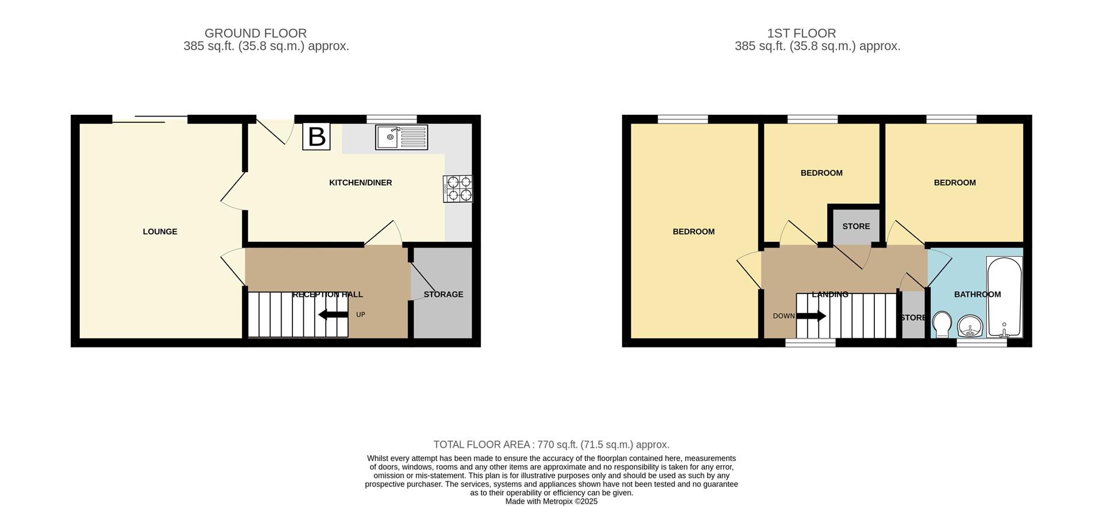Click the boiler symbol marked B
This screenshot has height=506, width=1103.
click(316, 137)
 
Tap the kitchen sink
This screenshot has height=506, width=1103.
click(402, 137)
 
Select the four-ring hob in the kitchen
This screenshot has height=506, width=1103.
click(458, 188)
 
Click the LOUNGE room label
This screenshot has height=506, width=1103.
click(160, 231)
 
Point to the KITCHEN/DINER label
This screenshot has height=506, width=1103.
click(360, 183)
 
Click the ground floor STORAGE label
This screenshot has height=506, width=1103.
click(443, 295)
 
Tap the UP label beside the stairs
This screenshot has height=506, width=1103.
click(361, 315)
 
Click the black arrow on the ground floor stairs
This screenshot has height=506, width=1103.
click(333, 314)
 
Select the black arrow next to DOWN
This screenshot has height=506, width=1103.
click(811, 316)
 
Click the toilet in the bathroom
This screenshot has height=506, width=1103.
click(942, 325)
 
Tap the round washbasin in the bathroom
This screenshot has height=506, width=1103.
click(971, 326)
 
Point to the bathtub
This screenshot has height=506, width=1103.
click(1004, 297)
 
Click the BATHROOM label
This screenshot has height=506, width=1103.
click(977, 295)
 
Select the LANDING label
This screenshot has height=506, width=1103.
click(830, 295)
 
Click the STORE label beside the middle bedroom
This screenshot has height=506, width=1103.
click(856, 226)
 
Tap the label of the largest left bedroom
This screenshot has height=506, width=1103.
click(693, 231)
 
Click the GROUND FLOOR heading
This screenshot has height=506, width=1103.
click(256, 33)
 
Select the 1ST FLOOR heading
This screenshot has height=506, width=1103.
click(817, 33)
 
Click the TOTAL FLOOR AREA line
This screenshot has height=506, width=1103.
click(551, 445)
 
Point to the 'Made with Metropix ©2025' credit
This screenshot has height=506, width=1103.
click(551, 501)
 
